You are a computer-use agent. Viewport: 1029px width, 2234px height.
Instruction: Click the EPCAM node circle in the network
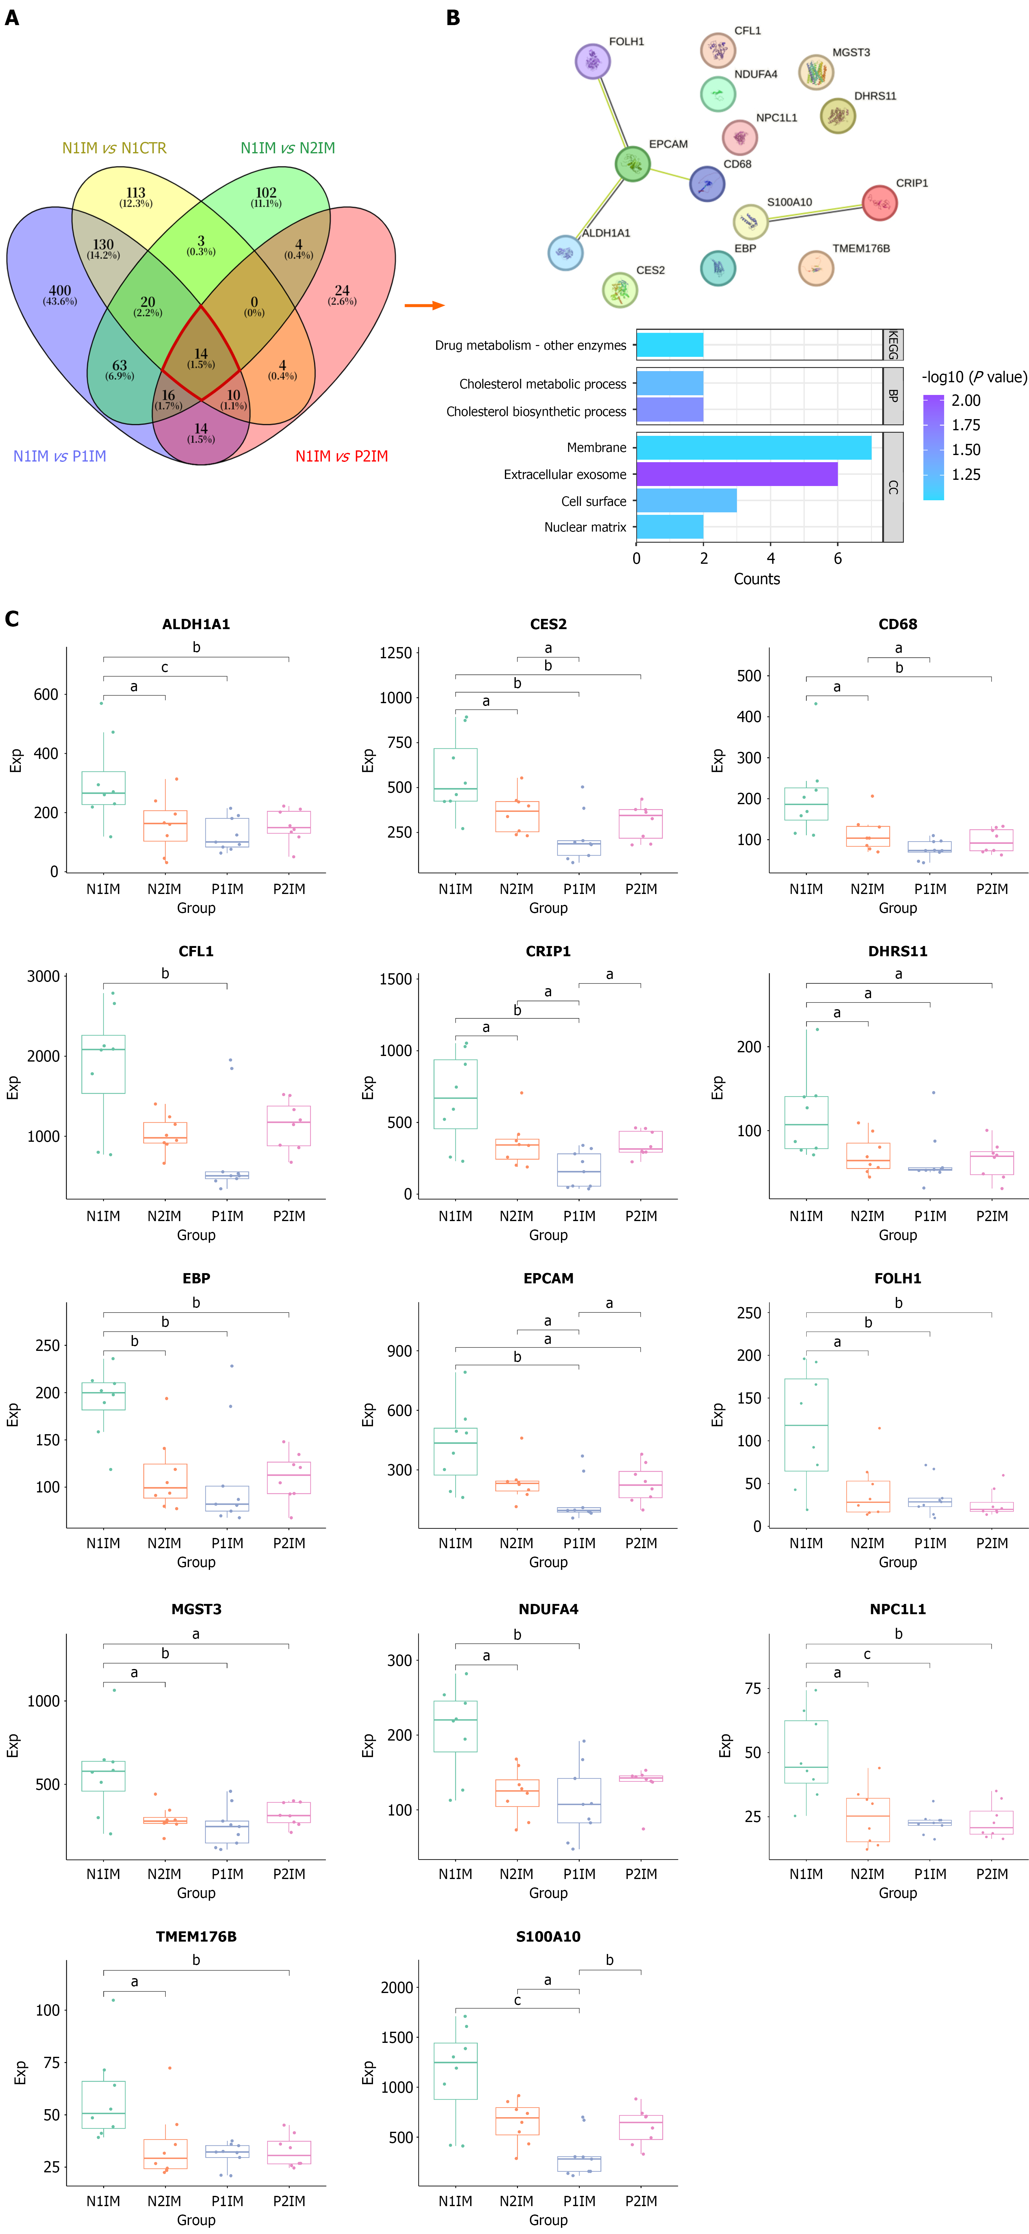click(x=633, y=164)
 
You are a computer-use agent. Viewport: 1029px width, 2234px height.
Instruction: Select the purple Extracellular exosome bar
click(x=737, y=474)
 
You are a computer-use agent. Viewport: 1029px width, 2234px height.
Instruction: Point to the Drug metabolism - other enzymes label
click(x=531, y=345)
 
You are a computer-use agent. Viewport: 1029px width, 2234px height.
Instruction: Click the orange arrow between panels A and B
click(x=425, y=305)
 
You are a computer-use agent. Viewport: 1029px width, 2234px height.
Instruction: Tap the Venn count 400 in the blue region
click(x=60, y=291)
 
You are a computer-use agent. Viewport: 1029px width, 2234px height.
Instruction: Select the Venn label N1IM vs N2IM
click(x=288, y=148)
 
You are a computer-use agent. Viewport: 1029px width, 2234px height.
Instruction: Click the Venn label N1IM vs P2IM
click(x=342, y=456)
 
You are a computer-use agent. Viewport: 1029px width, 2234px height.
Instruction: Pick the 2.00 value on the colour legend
click(x=966, y=401)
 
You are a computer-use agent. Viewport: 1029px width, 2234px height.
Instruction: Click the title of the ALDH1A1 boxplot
click(x=196, y=624)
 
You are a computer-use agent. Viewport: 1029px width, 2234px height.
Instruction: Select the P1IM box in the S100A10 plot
click(x=579, y=2164)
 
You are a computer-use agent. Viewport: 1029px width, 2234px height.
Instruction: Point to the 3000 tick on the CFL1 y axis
click(x=43, y=976)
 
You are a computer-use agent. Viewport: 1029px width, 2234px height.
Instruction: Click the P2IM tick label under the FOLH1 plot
click(x=992, y=1543)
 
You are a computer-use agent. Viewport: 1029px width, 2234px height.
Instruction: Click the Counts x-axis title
click(x=757, y=579)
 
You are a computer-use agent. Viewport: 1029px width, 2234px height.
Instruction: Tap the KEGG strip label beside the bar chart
click(x=893, y=344)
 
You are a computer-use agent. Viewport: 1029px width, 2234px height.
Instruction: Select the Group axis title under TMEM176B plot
click(x=196, y=2220)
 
